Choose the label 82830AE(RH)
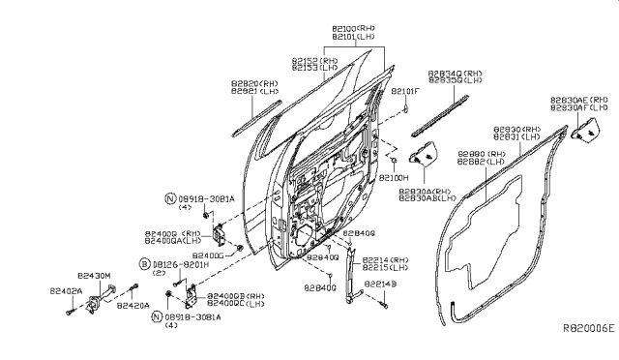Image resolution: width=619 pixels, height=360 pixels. click(x=579, y=100)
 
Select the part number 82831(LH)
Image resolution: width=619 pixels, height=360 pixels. click(x=518, y=137)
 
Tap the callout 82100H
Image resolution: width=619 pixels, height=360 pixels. click(x=393, y=180)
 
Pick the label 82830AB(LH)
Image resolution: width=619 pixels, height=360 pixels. click(x=427, y=198)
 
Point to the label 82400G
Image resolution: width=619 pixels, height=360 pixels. click(x=206, y=255)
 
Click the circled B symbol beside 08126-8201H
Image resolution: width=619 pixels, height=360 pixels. click(x=143, y=263)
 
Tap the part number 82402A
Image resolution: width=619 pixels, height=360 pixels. click(x=64, y=289)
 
